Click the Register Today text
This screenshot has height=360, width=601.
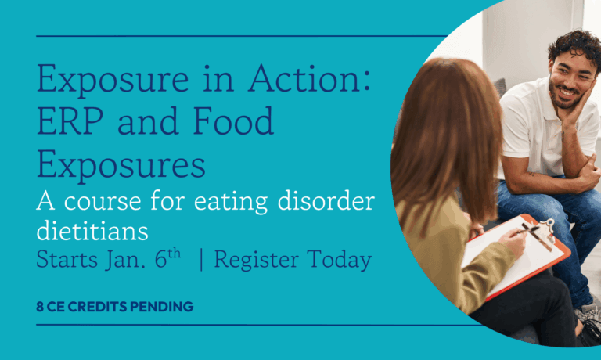(x=293, y=261)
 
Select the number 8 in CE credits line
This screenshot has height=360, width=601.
(x=40, y=307)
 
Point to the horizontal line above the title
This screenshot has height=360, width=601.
(x=235, y=36)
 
